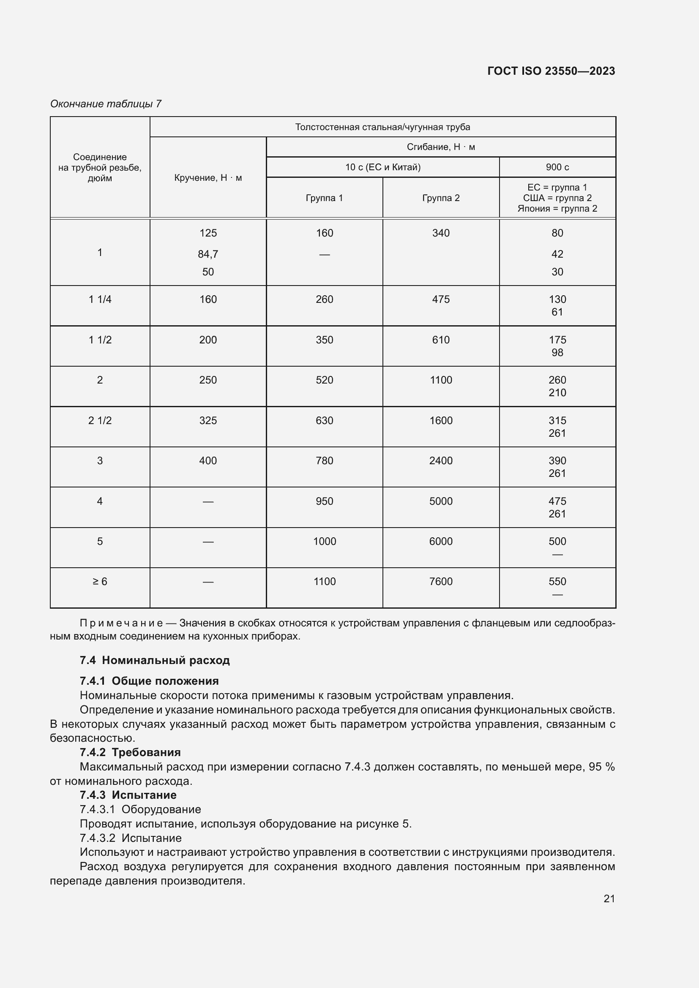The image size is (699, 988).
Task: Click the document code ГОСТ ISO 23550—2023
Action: tap(551, 71)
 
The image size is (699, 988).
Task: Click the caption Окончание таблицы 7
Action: tap(106, 104)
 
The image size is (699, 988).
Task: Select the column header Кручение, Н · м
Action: tap(208, 178)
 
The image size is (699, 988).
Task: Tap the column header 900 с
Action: tap(557, 167)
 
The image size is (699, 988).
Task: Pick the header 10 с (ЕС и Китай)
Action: tap(382, 167)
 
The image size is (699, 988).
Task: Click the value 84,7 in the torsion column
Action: tap(208, 254)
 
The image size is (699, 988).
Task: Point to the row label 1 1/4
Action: tap(100, 299)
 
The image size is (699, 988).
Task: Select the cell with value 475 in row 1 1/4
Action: tap(441, 299)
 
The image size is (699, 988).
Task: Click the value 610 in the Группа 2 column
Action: tap(441, 340)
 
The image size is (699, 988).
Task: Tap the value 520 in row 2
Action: tap(324, 380)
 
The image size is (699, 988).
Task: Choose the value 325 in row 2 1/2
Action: tap(208, 420)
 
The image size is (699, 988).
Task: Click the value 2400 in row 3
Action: tap(441, 461)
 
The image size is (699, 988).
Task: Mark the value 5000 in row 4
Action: tap(441, 501)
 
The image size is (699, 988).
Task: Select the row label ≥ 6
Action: tap(100, 582)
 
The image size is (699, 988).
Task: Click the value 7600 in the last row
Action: tap(441, 582)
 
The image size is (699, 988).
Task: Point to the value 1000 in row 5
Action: tap(324, 542)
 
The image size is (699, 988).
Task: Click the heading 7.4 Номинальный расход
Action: tap(155, 660)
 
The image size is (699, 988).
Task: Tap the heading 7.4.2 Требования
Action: tap(130, 752)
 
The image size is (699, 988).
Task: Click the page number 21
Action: tap(609, 898)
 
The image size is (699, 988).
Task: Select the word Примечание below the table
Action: tap(121, 623)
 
